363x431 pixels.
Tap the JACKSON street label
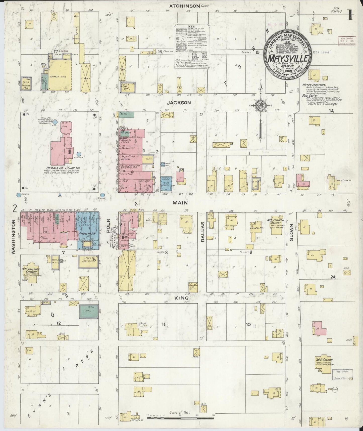[182, 103]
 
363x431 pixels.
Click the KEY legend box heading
[191, 26]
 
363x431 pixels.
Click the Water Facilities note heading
[314, 85]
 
